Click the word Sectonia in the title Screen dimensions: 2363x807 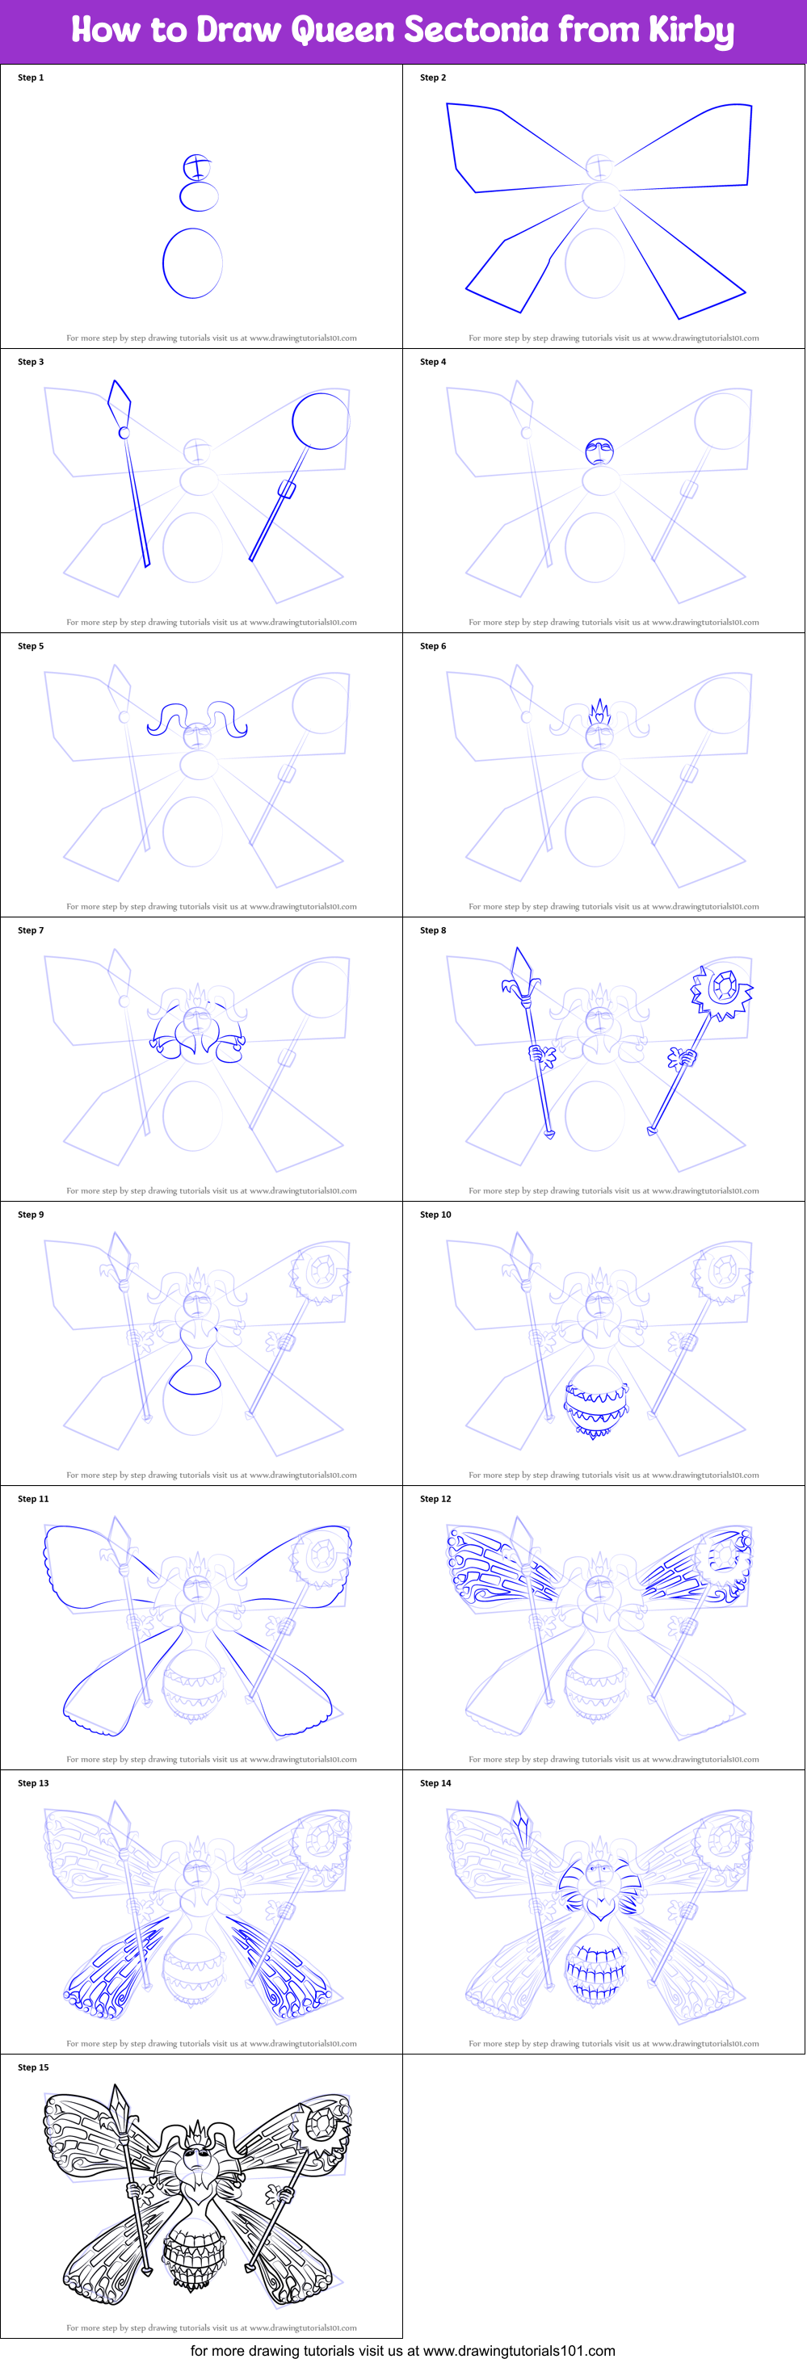pos(477,29)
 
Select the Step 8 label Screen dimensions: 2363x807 pos(433,930)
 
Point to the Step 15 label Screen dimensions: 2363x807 pos(33,2067)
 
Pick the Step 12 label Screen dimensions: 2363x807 pos(435,1499)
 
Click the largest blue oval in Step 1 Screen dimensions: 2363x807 pos(192,263)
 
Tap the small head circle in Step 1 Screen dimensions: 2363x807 pos(197,168)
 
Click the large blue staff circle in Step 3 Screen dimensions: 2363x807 pos(321,421)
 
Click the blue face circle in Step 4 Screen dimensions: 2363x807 pos(599,451)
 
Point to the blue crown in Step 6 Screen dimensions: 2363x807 pos(599,711)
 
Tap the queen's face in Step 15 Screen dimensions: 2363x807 pos(196,2155)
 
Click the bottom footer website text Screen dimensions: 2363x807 pos(402,2351)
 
